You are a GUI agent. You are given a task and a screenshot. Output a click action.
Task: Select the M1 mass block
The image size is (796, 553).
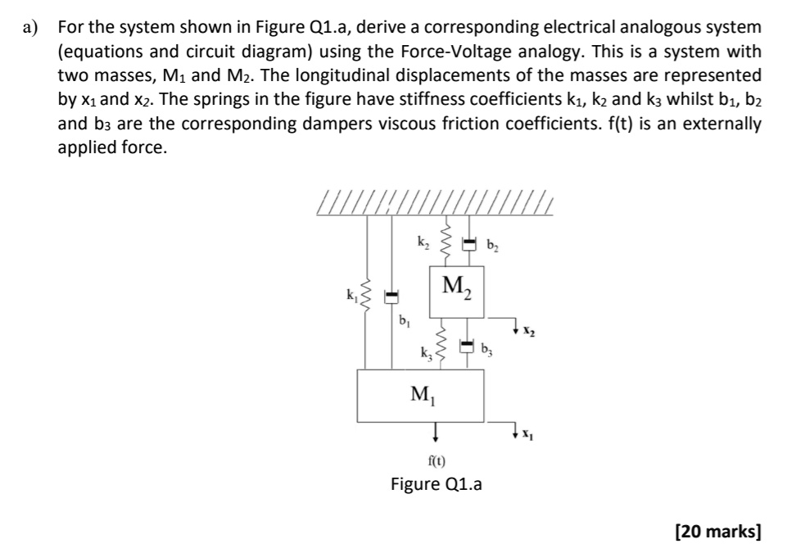(x=421, y=396)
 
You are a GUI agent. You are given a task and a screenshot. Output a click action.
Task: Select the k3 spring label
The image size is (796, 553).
(x=424, y=355)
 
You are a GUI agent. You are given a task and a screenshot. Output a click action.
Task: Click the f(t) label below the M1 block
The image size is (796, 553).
(x=436, y=460)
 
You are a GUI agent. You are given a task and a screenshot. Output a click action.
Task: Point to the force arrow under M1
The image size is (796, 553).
(x=436, y=432)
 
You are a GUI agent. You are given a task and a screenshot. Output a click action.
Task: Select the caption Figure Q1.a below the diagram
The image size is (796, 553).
(x=436, y=484)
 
